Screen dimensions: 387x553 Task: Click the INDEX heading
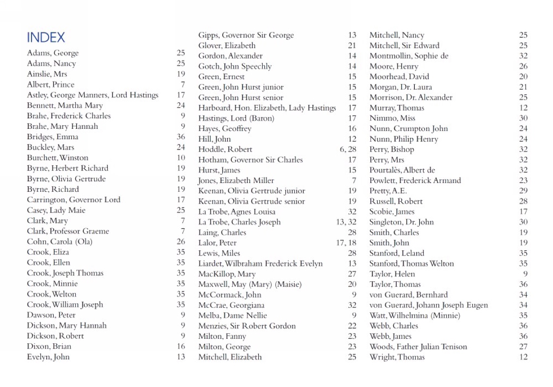[46, 37]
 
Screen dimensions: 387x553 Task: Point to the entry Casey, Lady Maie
[56, 210]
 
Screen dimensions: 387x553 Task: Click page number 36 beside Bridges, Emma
[181, 137]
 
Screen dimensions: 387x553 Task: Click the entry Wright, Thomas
[397, 357]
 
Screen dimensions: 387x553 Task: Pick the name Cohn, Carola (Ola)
[60, 241]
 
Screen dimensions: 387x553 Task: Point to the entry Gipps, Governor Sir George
[246, 35]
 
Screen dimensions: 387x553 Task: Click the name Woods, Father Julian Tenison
[418, 347]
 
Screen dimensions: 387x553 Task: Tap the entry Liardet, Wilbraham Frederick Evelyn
[260, 264]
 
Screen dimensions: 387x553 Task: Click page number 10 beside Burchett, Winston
[181, 158]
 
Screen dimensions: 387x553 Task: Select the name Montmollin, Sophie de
[409, 56]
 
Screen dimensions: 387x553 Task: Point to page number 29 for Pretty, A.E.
[523, 191]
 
